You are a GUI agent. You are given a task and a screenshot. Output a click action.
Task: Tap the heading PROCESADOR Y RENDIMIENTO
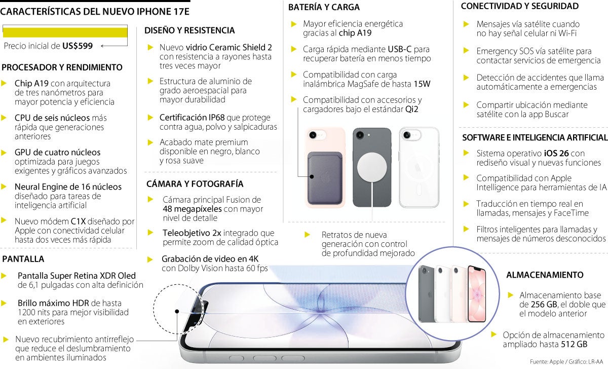(x=62, y=67)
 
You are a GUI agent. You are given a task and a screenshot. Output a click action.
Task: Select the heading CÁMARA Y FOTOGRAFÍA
(x=195, y=183)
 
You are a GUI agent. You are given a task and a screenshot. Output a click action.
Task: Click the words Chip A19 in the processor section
(x=31, y=83)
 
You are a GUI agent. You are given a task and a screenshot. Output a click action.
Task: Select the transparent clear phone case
(x=419, y=167)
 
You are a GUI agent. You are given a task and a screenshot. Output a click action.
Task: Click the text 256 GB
(x=537, y=305)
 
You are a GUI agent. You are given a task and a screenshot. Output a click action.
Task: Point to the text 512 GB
(x=575, y=345)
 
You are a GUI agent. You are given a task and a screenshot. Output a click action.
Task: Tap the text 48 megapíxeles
(x=192, y=209)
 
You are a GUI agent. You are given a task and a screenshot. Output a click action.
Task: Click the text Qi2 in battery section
(x=411, y=109)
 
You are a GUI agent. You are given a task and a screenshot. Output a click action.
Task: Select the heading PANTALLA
(x=23, y=259)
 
